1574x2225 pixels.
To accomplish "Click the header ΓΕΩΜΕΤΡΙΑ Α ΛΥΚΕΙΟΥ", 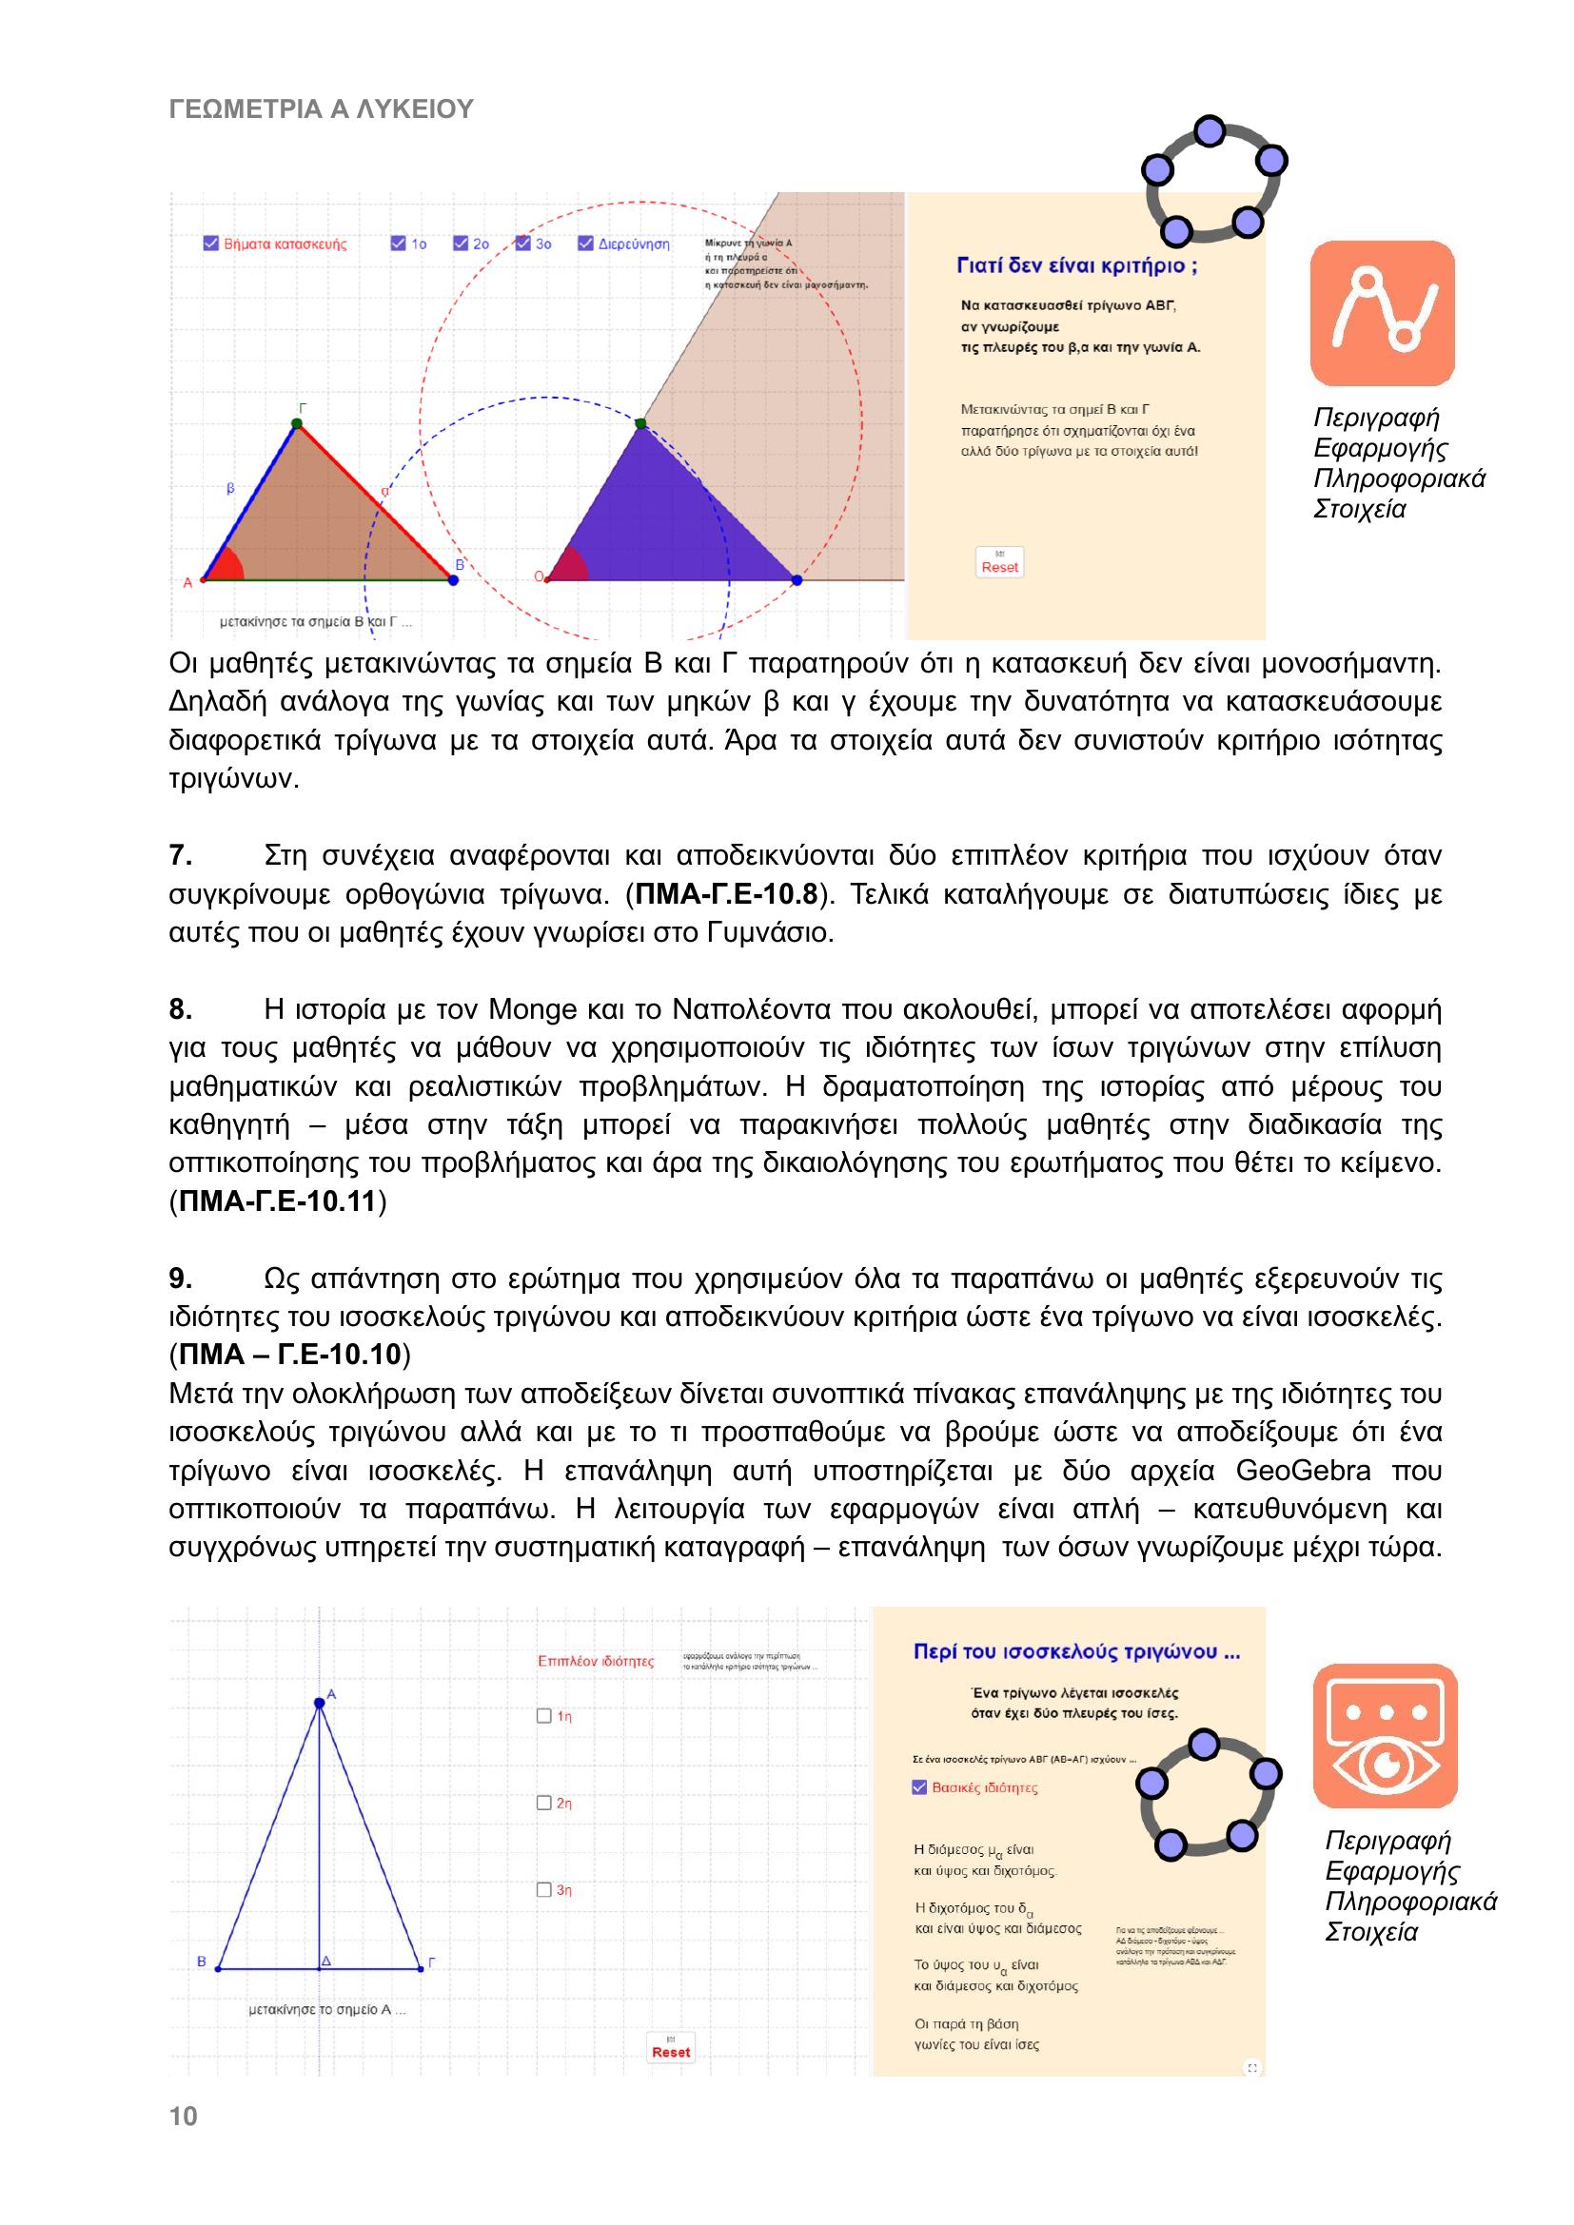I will [x=321, y=109].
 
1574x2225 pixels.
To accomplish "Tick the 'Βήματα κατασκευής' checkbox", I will [x=211, y=244].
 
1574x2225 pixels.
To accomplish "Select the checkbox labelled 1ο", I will [x=399, y=244].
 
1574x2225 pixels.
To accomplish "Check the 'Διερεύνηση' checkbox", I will [x=585, y=244].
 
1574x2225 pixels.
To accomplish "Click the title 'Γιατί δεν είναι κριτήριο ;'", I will [x=1077, y=265].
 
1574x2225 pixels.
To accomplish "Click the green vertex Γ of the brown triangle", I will [x=297, y=422].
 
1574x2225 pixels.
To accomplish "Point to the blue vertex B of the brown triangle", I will [x=454, y=579].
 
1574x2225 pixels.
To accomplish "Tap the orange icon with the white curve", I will [x=1382, y=313].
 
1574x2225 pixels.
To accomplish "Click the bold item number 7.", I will [x=180, y=856].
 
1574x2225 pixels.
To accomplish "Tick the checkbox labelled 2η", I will [x=543, y=1804].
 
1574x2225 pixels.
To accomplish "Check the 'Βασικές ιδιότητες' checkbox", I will [x=920, y=1788].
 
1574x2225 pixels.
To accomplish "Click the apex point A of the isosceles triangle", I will [x=320, y=1704].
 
